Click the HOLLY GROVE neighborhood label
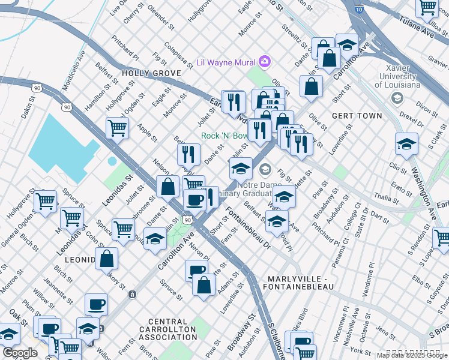coord(151,73)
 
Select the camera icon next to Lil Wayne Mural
coord(265,62)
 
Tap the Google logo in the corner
coord(20,353)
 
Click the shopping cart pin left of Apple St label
coord(117,127)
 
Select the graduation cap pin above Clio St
coord(406,144)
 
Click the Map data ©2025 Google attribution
coord(412,355)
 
